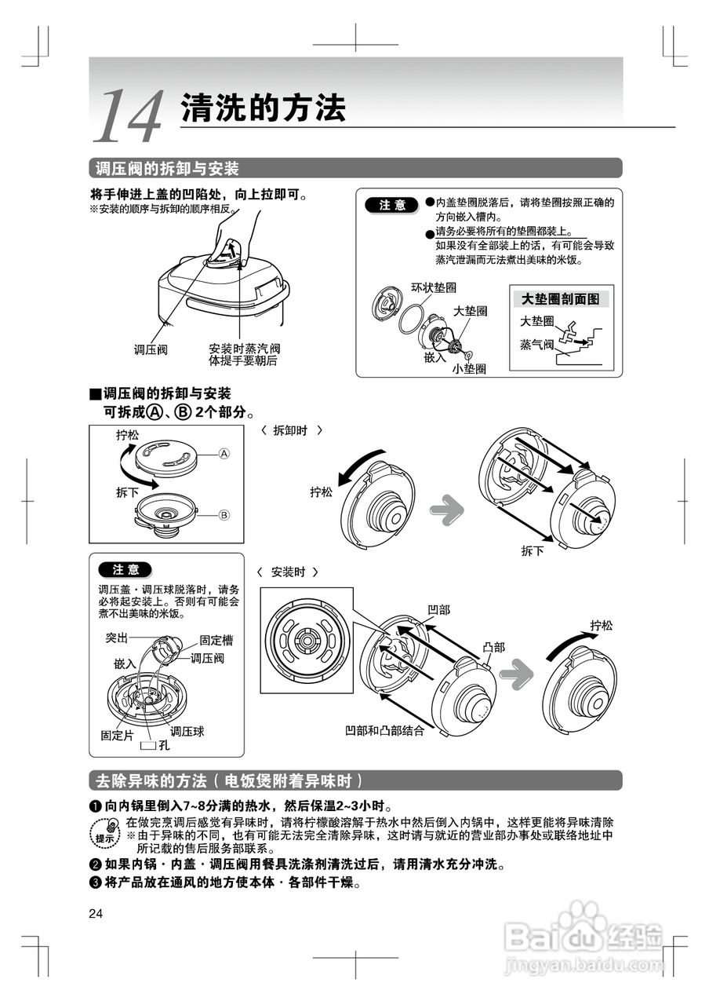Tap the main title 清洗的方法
coord(263,109)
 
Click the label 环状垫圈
coord(433,287)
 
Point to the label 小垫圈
coord(469,369)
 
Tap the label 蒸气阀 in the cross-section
coord(536,344)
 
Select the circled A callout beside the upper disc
coord(223,454)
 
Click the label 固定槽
coord(216,640)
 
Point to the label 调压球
coord(187,731)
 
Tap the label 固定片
coord(116,736)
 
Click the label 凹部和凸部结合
coord(384,730)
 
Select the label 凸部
coord(493,647)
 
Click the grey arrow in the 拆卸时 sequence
coord(447,510)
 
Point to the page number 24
coord(96,913)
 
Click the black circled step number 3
coord(95,882)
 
